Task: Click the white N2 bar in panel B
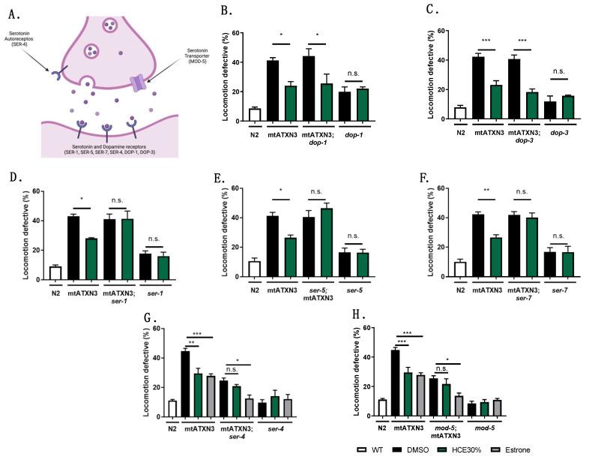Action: pos(255,114)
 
